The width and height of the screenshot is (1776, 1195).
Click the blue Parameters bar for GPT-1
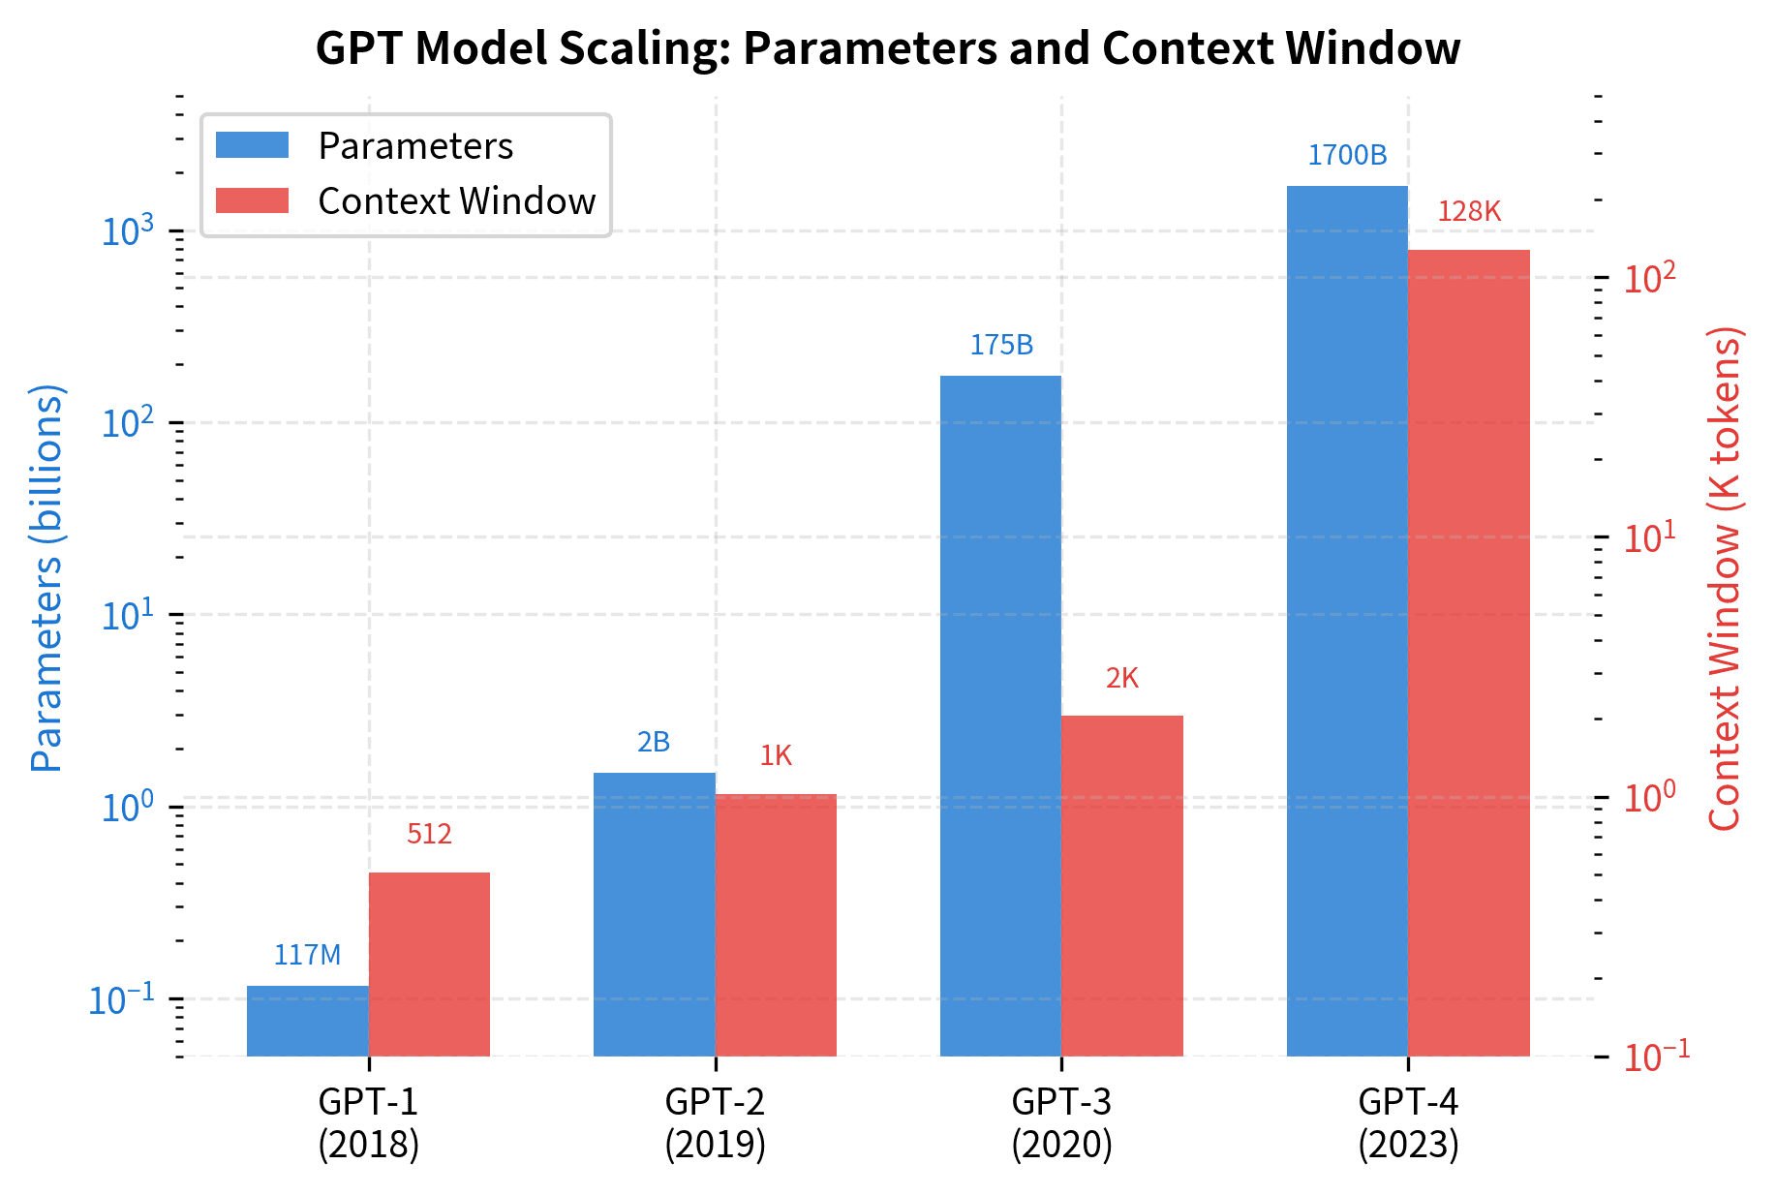coord(307,1021)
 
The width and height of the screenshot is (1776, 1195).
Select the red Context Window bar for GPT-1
coord(429,964)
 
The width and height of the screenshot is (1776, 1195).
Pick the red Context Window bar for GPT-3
coord(1121,885)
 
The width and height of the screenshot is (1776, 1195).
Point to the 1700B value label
coord(1347,155)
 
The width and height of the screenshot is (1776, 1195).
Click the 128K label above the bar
coord(1468,211)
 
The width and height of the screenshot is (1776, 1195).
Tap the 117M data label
coord(307,955)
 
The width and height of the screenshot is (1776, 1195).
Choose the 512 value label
coord(429,834)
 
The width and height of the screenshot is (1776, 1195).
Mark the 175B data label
coord(1001,345)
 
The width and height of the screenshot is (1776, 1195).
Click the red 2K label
coord(1121,678)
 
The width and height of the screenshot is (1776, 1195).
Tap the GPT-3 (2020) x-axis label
coord(1061,1123)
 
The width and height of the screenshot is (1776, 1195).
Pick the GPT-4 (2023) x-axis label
coord(1408,1123)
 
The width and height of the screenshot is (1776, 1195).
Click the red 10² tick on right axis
coord(1649,278)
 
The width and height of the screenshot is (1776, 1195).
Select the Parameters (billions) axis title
coord(46,577)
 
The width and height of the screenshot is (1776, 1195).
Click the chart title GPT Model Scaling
coord(887,48)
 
